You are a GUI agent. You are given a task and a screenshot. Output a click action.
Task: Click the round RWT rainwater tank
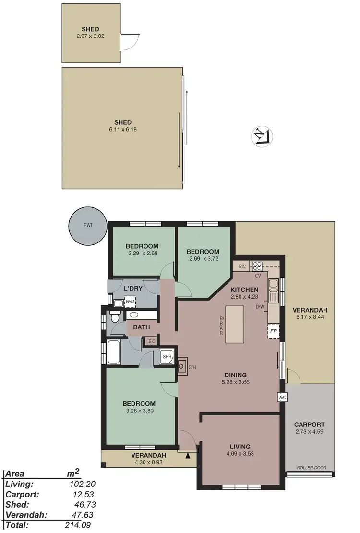pos(88,225)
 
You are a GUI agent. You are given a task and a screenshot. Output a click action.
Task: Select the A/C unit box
pos(282,398)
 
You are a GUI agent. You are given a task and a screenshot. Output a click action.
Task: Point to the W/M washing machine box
pos(130,302)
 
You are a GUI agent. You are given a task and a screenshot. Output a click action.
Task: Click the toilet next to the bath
pos(115,317)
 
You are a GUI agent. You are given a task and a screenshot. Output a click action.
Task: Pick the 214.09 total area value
pos(78,525)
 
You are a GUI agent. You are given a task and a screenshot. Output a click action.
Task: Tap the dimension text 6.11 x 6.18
pos(123,130)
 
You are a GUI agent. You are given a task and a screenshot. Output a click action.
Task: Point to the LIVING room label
pos(240,447)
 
